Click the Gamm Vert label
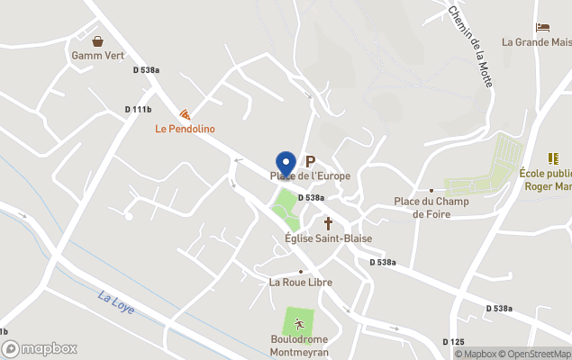click(97, 55)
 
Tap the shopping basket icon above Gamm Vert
click(97, 40)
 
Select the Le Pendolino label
click(185, 129)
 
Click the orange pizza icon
click(185, 114)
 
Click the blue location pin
click(286, 163)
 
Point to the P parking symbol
click(311, 161)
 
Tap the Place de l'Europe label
click(311, 175)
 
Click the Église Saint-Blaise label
click(328, 238)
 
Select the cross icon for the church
click(328, 222)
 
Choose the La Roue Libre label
click(301, 282)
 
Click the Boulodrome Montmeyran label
click(300, 346)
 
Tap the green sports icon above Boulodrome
click(299, 324)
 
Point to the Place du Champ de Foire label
click(431, 207)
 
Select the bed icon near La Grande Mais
click(542, 27)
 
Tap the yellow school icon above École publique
click(553, 158)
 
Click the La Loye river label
click(116, 302)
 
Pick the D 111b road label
click(138, 110)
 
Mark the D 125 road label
click(453, 342)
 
